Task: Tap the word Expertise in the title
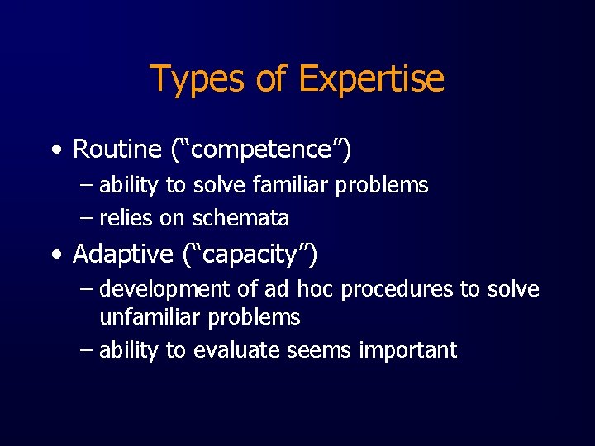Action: [371, 79]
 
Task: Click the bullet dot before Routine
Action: [55, 150]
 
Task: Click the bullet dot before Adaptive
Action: [55, 255]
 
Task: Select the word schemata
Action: [240, 219]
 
